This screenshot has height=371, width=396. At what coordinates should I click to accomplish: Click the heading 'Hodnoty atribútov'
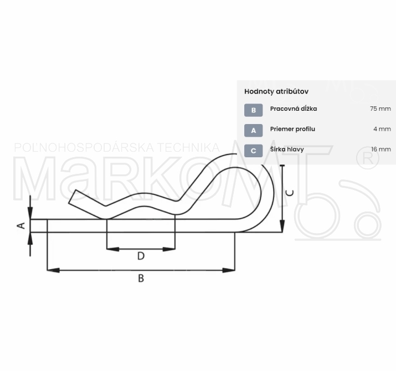coord(276,91)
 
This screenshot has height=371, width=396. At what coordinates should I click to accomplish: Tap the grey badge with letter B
coord(253,110)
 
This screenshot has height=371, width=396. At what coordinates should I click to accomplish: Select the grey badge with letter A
coord(253,130)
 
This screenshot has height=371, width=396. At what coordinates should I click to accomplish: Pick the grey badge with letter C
coord(253,151)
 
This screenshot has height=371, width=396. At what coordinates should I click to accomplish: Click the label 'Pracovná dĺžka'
coord(294,109)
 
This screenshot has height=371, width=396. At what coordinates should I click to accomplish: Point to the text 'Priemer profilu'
coord(292,129)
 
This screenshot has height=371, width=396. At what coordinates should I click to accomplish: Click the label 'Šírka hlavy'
coord(287,150)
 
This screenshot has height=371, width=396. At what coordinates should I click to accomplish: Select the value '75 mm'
coord(380,109)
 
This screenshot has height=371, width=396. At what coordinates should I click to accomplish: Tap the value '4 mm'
coord(382,129)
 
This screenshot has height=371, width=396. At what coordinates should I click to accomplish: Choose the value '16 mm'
coord(381,150)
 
